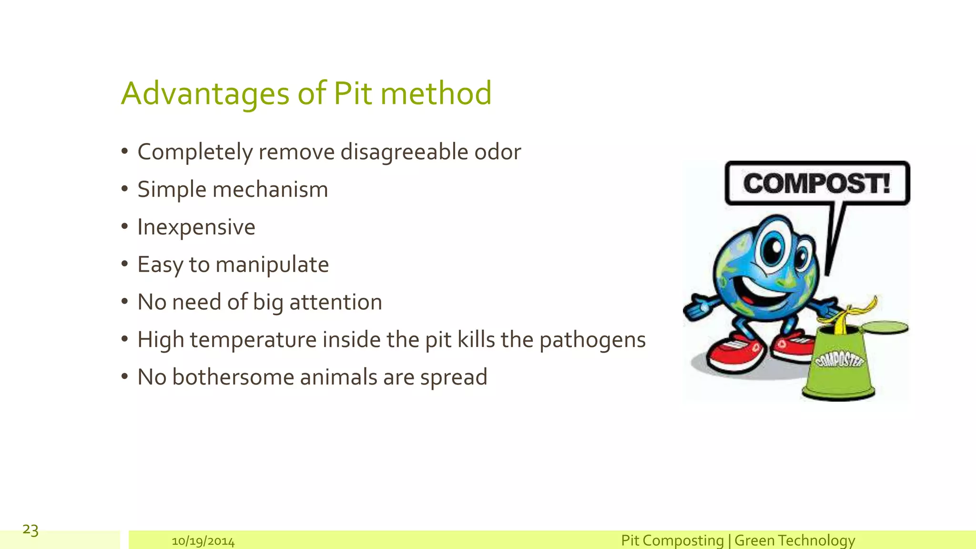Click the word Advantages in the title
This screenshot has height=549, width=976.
tap(205, 93)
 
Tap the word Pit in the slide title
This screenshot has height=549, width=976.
tap(352, 93)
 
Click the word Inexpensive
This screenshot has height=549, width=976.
tap(196, 227)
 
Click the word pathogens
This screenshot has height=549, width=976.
tap(592, 340)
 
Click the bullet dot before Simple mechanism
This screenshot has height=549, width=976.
tap(125, 189)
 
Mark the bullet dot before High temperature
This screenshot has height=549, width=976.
tap(125, 339)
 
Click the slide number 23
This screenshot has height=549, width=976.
tap(30, 529)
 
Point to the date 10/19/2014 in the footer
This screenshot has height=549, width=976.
tap(203, 541)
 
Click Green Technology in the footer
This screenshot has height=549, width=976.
tap(794, 540)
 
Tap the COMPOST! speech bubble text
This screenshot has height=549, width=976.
tap(816, 184)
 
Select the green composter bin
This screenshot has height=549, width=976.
tap(839, 365)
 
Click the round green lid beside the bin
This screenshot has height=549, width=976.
tap(885, 327)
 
